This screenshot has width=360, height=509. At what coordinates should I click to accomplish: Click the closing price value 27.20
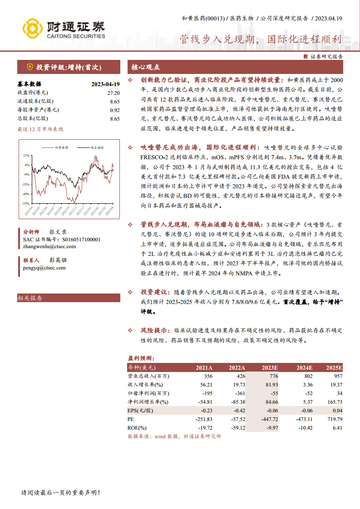(113, 93)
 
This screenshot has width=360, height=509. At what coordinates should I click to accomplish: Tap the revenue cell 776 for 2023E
(273, 376)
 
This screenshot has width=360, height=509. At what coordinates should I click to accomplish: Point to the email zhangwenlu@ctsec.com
(49, 246)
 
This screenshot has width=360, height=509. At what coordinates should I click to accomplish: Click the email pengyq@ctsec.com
(44, 268)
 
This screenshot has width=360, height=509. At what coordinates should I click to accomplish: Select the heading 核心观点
(145, 67)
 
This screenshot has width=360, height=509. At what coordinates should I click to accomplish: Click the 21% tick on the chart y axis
(26, 155)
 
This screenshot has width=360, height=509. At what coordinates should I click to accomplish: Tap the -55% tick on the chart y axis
(26, 204)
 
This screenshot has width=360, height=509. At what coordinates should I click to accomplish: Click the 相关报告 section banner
(30, 298)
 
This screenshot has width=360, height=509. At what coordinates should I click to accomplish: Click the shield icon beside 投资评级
(30, 67)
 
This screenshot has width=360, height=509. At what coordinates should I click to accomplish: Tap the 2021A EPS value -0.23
(206, 411)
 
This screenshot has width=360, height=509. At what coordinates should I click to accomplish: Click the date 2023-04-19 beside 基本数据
(105, 84)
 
